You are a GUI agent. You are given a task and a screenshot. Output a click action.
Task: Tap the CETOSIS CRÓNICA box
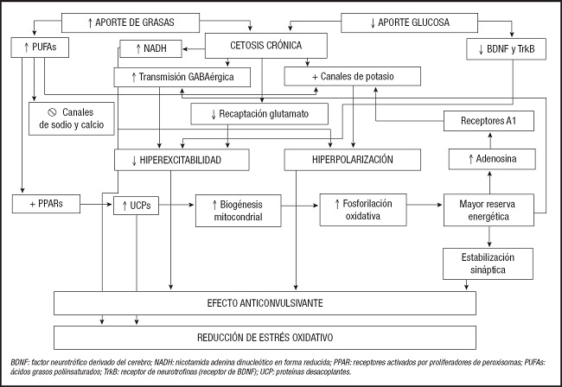click(266, 47)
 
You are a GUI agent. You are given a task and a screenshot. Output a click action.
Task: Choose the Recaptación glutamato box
click(259, 113)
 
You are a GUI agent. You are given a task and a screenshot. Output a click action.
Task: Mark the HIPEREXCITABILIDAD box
click(182, 160)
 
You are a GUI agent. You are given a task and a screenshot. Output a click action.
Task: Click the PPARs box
click(46, 205)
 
